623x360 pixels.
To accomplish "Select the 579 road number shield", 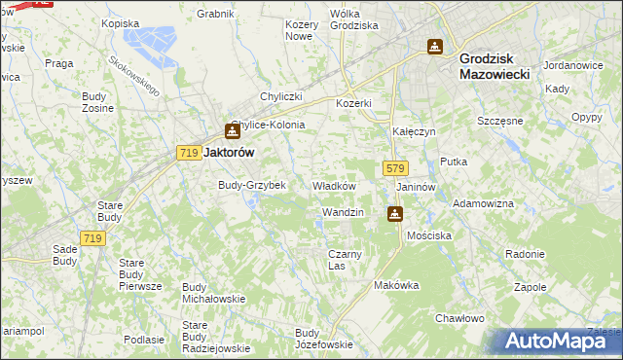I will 394,167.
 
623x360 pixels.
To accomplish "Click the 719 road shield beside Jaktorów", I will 189,153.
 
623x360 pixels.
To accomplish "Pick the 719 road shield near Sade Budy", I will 93,238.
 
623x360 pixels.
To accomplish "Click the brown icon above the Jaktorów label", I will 233,131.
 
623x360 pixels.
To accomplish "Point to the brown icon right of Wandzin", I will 394,213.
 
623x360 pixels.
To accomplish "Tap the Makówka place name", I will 396,285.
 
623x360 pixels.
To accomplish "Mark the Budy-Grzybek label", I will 251,185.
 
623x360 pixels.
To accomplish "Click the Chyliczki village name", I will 281,96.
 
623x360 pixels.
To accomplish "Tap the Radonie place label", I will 525,254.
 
